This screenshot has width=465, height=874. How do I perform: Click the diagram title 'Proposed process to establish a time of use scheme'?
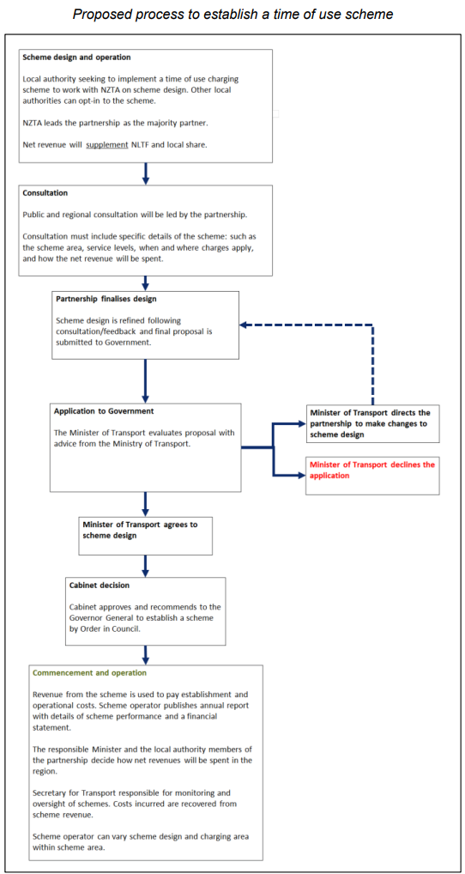click(232, 15)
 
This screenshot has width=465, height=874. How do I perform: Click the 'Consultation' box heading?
click(45, 193)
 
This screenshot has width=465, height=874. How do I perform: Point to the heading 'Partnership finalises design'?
click(106, 299)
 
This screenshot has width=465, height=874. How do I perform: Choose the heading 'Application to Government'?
click(104, 411)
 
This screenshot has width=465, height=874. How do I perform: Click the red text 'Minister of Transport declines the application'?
click(372, 470)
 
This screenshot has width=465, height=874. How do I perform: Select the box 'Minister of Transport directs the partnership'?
click(372, 423)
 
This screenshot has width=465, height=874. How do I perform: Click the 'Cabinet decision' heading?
click(100, 586)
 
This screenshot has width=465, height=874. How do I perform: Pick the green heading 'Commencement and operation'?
click(90, 673)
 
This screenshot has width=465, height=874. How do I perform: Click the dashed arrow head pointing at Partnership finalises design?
click(244, 325)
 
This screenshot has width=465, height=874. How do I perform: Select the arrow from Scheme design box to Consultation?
click(146, 173)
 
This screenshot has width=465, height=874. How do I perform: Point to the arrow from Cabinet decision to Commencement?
click(146, 654)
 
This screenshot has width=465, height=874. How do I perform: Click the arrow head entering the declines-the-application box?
click(302, 476)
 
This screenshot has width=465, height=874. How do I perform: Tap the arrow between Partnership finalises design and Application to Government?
click(146, 380)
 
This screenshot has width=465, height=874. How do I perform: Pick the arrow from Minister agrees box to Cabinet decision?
click(146, 566)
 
